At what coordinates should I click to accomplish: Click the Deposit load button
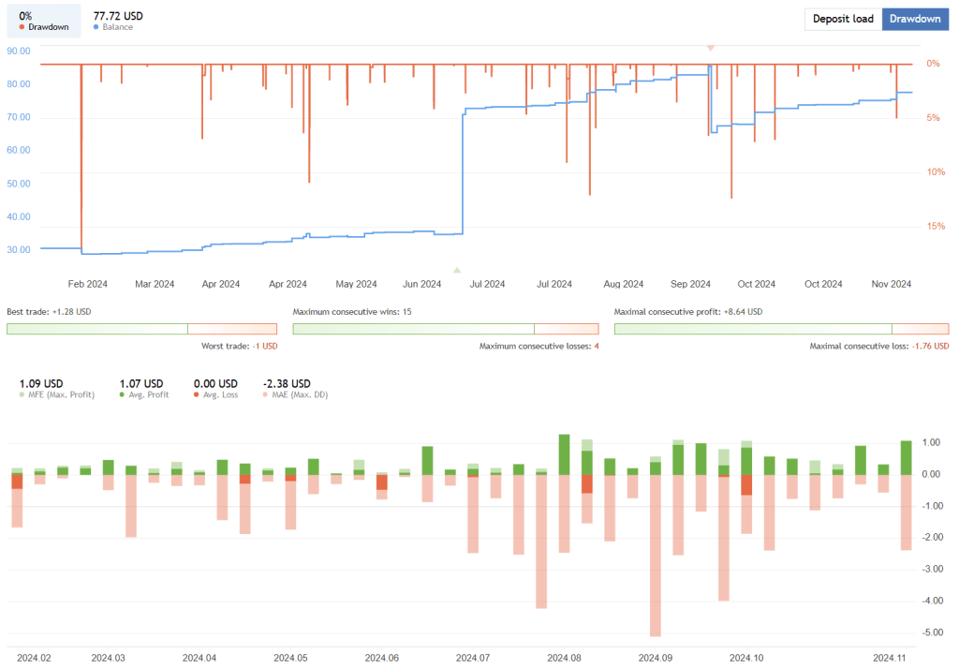843,19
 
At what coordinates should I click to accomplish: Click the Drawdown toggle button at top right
915,19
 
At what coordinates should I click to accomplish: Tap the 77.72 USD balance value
119,16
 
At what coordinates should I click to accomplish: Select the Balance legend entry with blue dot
113,27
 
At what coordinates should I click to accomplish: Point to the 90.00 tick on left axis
19,51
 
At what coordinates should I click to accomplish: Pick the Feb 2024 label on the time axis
88,284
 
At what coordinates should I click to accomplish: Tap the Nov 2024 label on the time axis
892,284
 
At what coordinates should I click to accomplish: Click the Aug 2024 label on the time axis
623,284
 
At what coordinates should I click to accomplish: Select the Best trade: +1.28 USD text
49,311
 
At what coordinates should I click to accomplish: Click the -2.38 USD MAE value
286,383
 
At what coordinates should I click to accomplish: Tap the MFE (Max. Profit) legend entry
56,394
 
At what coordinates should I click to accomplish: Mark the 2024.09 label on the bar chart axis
655,658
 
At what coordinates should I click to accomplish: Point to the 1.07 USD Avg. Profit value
140,383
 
